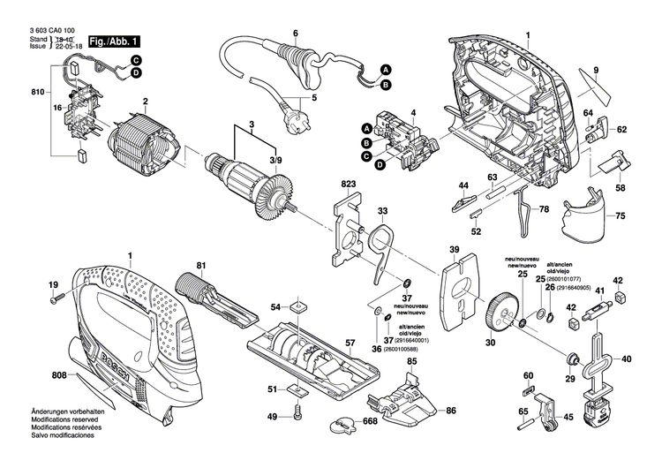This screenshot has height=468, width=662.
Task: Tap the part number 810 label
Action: (37, 91)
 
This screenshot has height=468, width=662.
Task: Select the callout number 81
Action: (201, 266)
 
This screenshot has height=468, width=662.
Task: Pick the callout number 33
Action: (382, 211)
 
